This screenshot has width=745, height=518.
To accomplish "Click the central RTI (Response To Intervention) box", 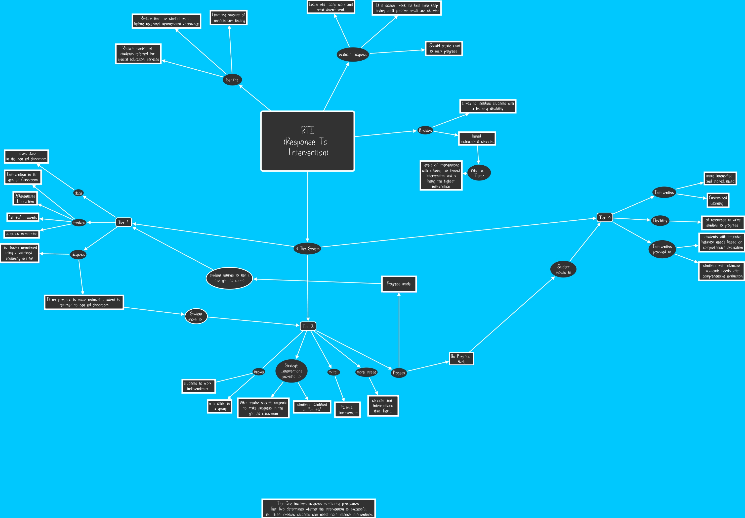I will click(307, 141).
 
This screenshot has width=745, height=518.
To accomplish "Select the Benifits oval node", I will click(232, 80).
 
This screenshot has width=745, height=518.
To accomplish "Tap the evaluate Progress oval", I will click(353, 55).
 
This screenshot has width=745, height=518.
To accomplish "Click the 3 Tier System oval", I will click(307, 249).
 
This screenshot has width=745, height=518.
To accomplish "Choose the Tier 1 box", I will click(124, 222).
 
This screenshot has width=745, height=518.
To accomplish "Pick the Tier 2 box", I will click(308, 326).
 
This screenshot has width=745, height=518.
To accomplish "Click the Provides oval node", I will click(425, 130).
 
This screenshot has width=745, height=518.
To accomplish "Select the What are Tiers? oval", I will click(478, 173).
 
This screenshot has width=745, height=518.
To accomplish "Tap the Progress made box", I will click(399, 284).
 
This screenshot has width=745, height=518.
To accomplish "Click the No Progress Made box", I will click(461, 358).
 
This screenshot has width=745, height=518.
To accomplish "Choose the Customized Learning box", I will click(718, 200).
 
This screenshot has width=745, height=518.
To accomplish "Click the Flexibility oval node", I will click(660, 221).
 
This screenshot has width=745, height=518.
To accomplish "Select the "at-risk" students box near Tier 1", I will click(23, 217).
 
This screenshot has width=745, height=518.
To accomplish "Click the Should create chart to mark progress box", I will click(444, 48).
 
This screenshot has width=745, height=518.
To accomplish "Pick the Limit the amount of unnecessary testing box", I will click(228, 18).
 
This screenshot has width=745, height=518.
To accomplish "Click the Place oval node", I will click(78, 193).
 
